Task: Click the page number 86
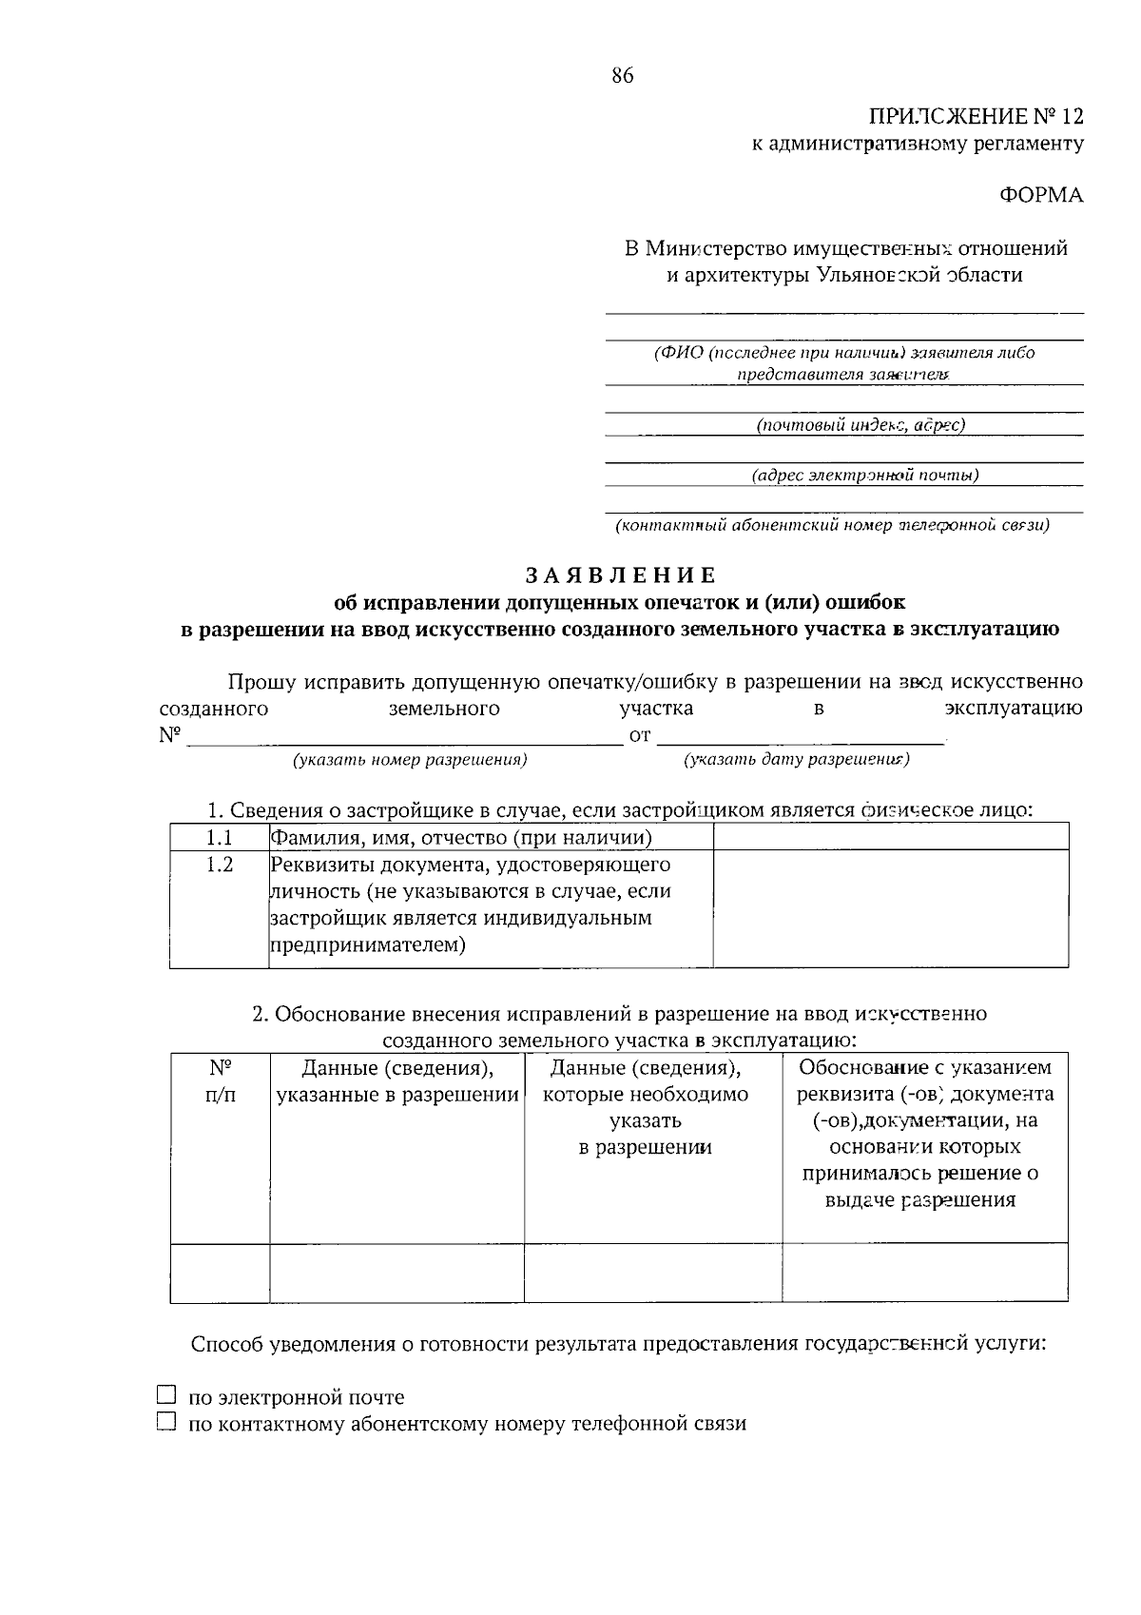tap(623, 77)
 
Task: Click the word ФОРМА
tap(1040, 195)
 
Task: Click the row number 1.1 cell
tap(220, 837)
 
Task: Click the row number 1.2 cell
tap(220, 865)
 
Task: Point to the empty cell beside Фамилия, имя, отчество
tap(890, 837)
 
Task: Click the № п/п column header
tap(221, 1081)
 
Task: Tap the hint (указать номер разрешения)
tap(410, 760)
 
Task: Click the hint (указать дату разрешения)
tap(796, 759)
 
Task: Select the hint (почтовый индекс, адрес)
tap(860, 425)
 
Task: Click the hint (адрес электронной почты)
tap(864, 475)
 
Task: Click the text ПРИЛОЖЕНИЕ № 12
tap(976, 117)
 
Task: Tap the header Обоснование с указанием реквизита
tap(925, 1080)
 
